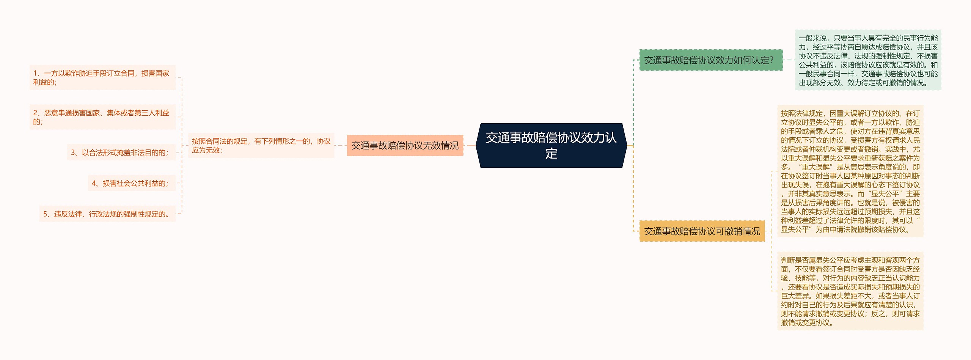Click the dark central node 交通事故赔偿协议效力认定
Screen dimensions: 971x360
tap(551, 145)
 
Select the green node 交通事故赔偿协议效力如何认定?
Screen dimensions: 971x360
tap(710, 60)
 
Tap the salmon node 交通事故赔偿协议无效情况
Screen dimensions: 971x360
tap(405, 145)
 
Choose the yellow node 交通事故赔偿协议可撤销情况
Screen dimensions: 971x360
tap(702, 231)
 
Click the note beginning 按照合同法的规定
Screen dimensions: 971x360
tap(261, 145)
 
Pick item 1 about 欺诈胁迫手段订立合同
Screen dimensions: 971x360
tap(102, 77)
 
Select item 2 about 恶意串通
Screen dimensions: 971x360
tap(102, 117)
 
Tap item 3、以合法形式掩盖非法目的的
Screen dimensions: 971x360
tap(121, 152)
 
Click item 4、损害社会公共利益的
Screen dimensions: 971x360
tap(132, 183)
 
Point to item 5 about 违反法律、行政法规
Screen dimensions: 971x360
tap(107, 214)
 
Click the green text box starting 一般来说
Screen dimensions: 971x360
tap(868, 60)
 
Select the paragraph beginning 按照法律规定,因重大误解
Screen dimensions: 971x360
tap(850, 171)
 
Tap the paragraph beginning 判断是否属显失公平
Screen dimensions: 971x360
tap(850, 291)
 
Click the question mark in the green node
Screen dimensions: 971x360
tap(771, 60)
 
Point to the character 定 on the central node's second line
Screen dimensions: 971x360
tap(551, 154)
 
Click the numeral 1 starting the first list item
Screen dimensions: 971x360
tap(35, 73)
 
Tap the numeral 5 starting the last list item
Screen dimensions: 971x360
tap(45, 214)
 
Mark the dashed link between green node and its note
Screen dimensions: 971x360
tap(789, 60)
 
